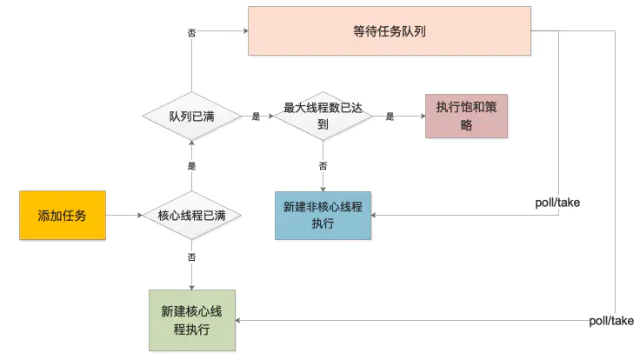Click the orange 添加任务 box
tap(63, 215)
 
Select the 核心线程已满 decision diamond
tap(191, 216)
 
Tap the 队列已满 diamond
tap(191, 116)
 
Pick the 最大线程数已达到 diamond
tap(323, 116)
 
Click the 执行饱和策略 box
tap(466, 116)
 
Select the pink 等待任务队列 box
tap(389, 31)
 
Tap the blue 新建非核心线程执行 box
tap(323, 216)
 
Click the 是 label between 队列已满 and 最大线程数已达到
tap(255, 116)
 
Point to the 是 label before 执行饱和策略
tap(390, 116)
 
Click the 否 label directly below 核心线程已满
tap(191, 257)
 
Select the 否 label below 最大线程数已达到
tap(323, 165)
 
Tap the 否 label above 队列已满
tap(191, 33)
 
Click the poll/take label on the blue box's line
tap(557, 203)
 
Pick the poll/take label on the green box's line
tap(611, 320)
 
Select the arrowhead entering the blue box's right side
tap(377, 216)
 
